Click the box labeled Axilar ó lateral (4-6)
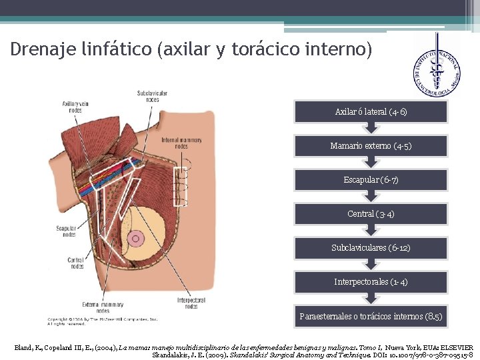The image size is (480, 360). (x=371, y=112)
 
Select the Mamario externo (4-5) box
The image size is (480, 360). (x=371, y=146)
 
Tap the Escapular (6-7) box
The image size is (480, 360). (x=371, y=180)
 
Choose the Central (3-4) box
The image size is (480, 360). (x=371, y=214)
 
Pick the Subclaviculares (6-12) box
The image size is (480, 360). (x=371, y=248)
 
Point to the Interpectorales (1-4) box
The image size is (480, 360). (x=371, y=282)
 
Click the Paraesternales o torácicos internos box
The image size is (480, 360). (x=371, y=316)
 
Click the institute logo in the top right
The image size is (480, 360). (x=436, y=65)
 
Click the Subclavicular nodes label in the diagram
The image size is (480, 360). (x=152, y=95)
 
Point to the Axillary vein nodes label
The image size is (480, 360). (x=75, y=106)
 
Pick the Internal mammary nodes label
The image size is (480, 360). (x=181, y=143)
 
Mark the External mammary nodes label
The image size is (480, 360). (x=103, y=307)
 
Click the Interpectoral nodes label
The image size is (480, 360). (x=191, y=303)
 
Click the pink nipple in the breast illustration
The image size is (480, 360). (x=137, y=237)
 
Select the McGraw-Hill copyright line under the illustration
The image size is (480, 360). (x=101, y=319)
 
